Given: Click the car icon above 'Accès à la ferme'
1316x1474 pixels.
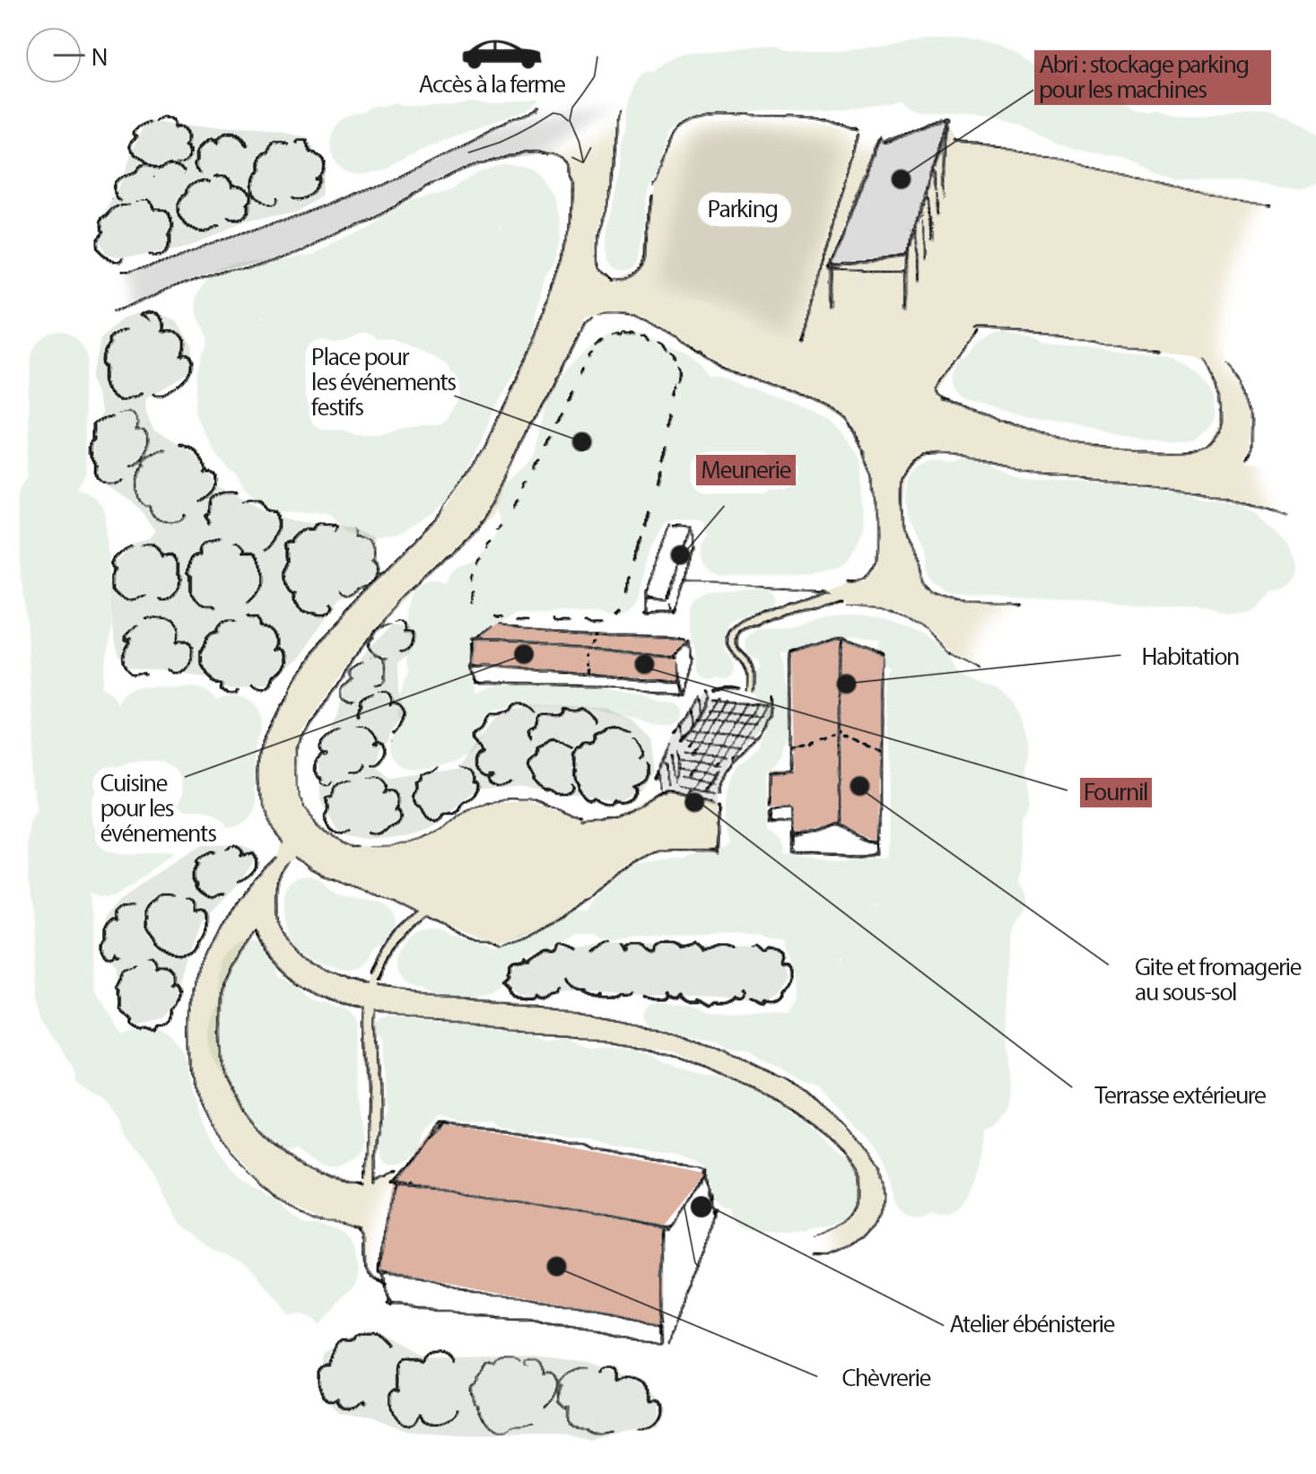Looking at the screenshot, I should (501, 54).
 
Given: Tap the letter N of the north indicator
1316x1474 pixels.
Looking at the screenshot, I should (100, 57).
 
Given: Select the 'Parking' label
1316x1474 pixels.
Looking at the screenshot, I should (742, 209).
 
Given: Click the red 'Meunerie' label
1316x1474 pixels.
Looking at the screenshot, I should (745, 470).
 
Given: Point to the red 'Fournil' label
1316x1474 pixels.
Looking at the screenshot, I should (1115, 792).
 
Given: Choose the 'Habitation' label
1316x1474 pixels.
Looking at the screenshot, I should (1190, 657).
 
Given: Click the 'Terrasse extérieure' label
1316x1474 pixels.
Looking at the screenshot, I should (1179, 1095).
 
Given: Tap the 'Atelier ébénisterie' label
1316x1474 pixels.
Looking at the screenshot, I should (1032, 1324).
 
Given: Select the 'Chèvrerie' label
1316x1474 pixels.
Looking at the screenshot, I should (885, 1378).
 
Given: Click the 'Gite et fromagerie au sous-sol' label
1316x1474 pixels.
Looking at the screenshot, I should (1216, 980).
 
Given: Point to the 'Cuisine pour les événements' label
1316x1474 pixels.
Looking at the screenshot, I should (158, 808).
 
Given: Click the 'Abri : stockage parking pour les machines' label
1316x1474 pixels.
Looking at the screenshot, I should (1151, 77).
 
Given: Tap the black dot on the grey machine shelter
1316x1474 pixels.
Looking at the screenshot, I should (901, 179).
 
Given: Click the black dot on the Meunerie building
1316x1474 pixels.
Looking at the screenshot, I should (681, 554).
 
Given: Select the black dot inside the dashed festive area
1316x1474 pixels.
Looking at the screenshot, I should (581, 441).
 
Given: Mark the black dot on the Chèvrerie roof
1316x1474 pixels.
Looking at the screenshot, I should (556, 1266).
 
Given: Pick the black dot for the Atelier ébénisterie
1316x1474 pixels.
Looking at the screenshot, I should (701, 1207).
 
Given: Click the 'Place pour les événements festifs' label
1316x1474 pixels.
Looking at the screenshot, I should (382, 382).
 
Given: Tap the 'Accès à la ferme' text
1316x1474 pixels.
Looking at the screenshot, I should (492, 85).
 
